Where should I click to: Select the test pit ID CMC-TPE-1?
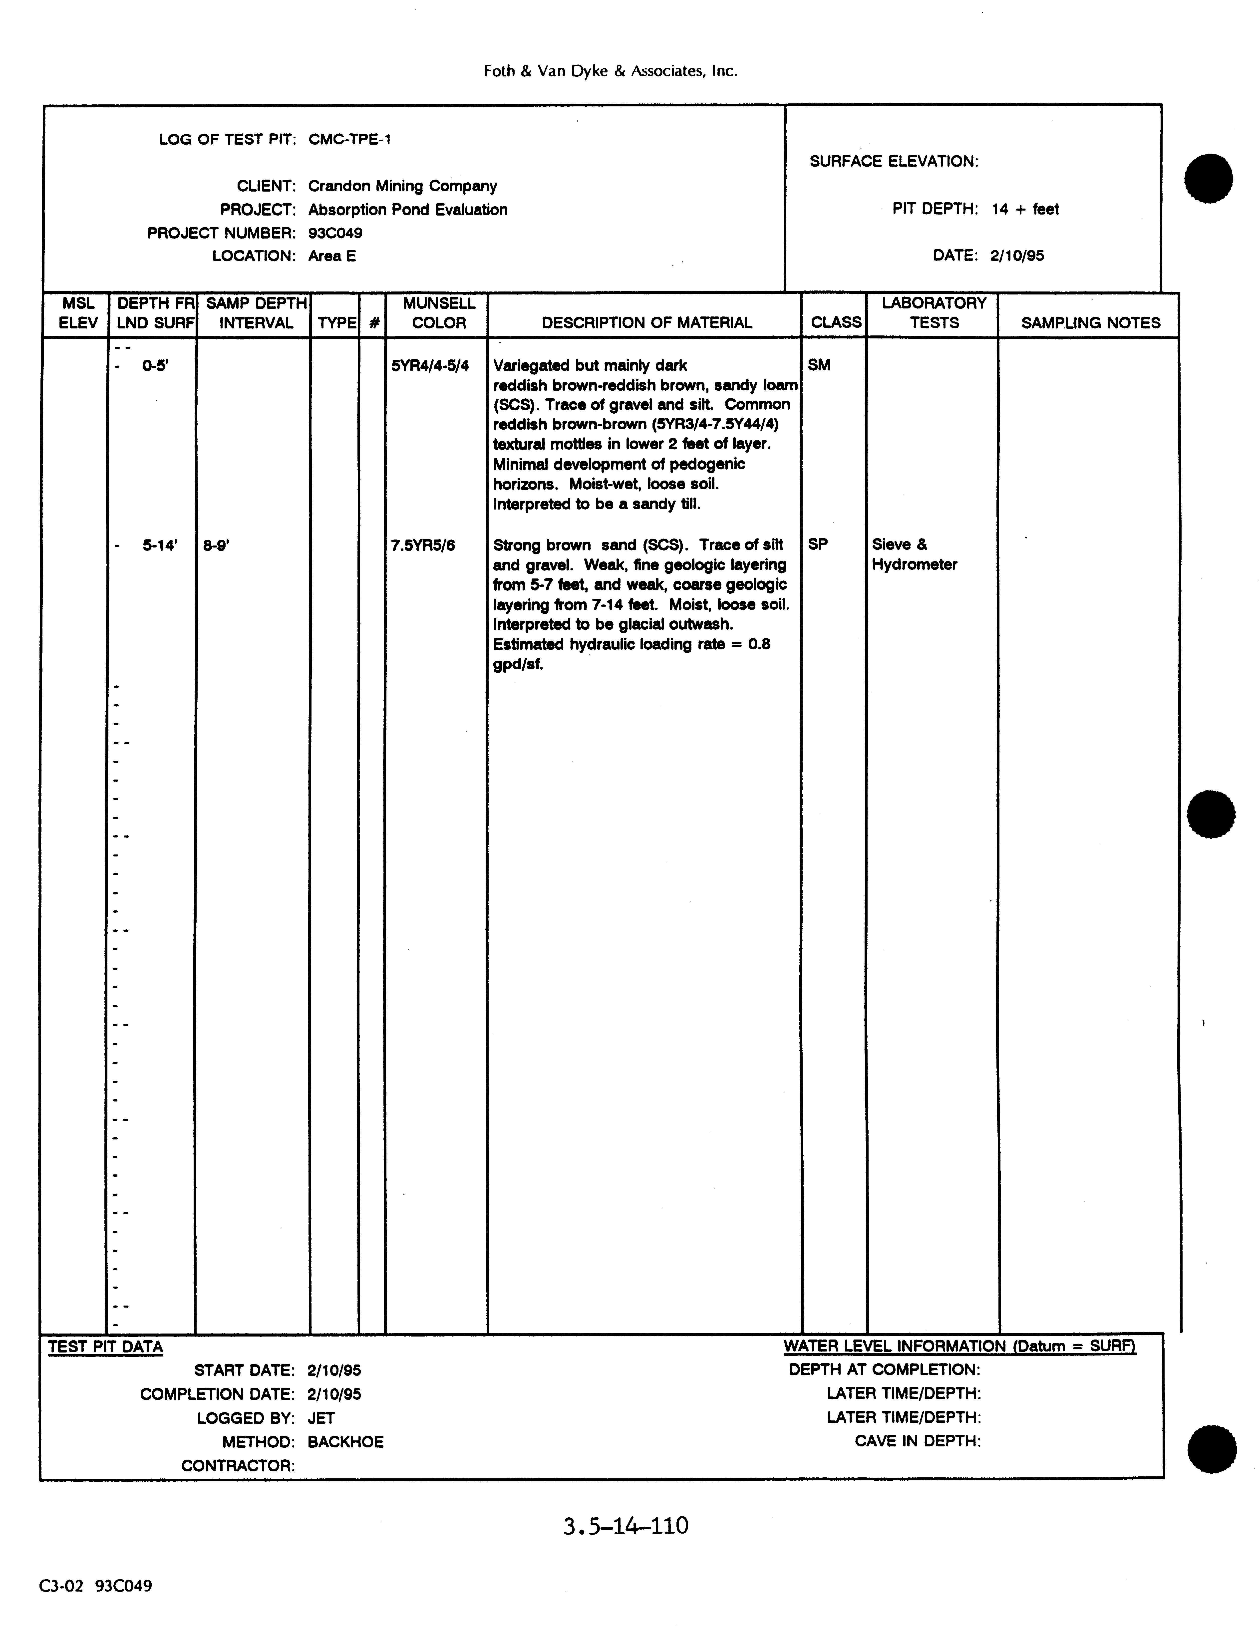click(x=349, y=139)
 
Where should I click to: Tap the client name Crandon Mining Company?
click(x=402, y=186)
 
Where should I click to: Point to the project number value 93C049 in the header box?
click(x=335, y=233)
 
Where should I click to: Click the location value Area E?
click(x=332, y=256)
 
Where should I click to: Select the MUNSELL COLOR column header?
click(x=439, y=313)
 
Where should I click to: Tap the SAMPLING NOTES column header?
click(x=1090, y=323)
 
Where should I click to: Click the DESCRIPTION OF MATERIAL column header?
click(x=646, y=323)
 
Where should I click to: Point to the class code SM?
click(x=819, y=365)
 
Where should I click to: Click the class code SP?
click(x=818, y=544)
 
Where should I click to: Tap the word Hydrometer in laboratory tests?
click(x=914, y=564)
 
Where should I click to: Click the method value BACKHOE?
click(x=345, y=1442)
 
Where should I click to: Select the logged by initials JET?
click(x=321, y=1418)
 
